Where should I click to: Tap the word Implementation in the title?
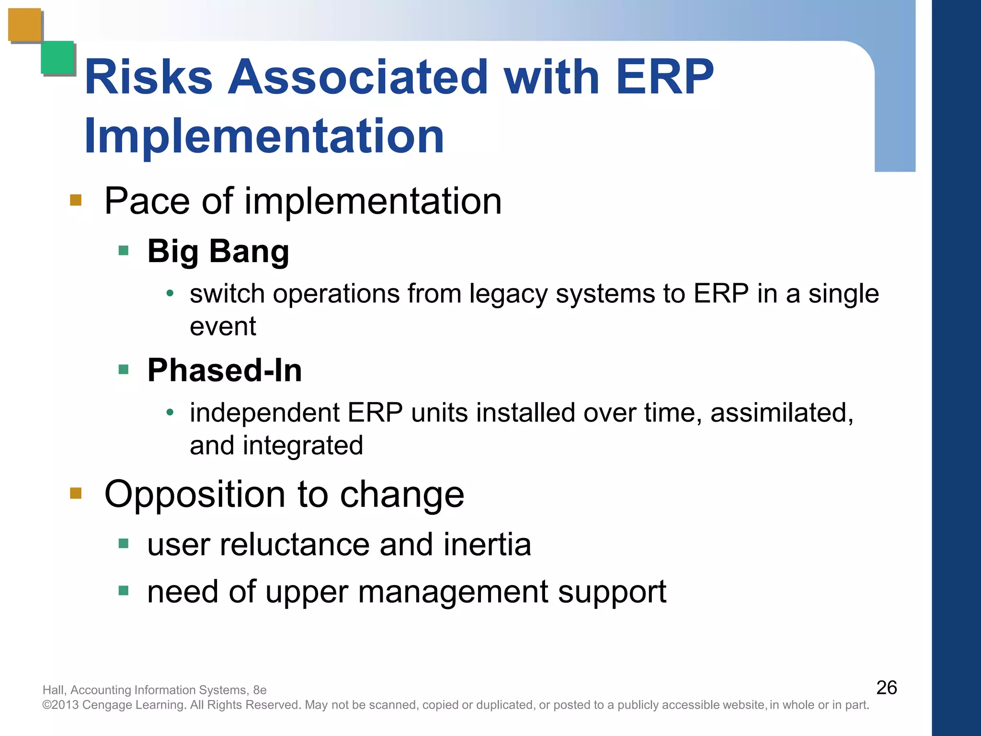point(264,136)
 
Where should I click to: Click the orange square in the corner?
point(25,25)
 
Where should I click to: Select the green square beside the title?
point(57,57)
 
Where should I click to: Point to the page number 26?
point(886,688)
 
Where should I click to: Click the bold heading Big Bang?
point(218,251)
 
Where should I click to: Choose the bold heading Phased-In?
point(225,370)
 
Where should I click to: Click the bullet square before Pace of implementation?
point(76,200)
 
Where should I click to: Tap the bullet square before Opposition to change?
point(76,493)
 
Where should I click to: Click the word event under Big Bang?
point(223,327)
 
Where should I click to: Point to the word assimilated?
point(781,413)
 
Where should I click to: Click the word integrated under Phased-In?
point(303,446)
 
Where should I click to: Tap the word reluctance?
point(295,545)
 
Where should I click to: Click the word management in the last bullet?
point(453,592)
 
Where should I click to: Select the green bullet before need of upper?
point(124,590)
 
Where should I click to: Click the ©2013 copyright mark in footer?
point(61,705)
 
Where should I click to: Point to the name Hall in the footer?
point(53,690)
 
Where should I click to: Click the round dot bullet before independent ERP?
point(170,412)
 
